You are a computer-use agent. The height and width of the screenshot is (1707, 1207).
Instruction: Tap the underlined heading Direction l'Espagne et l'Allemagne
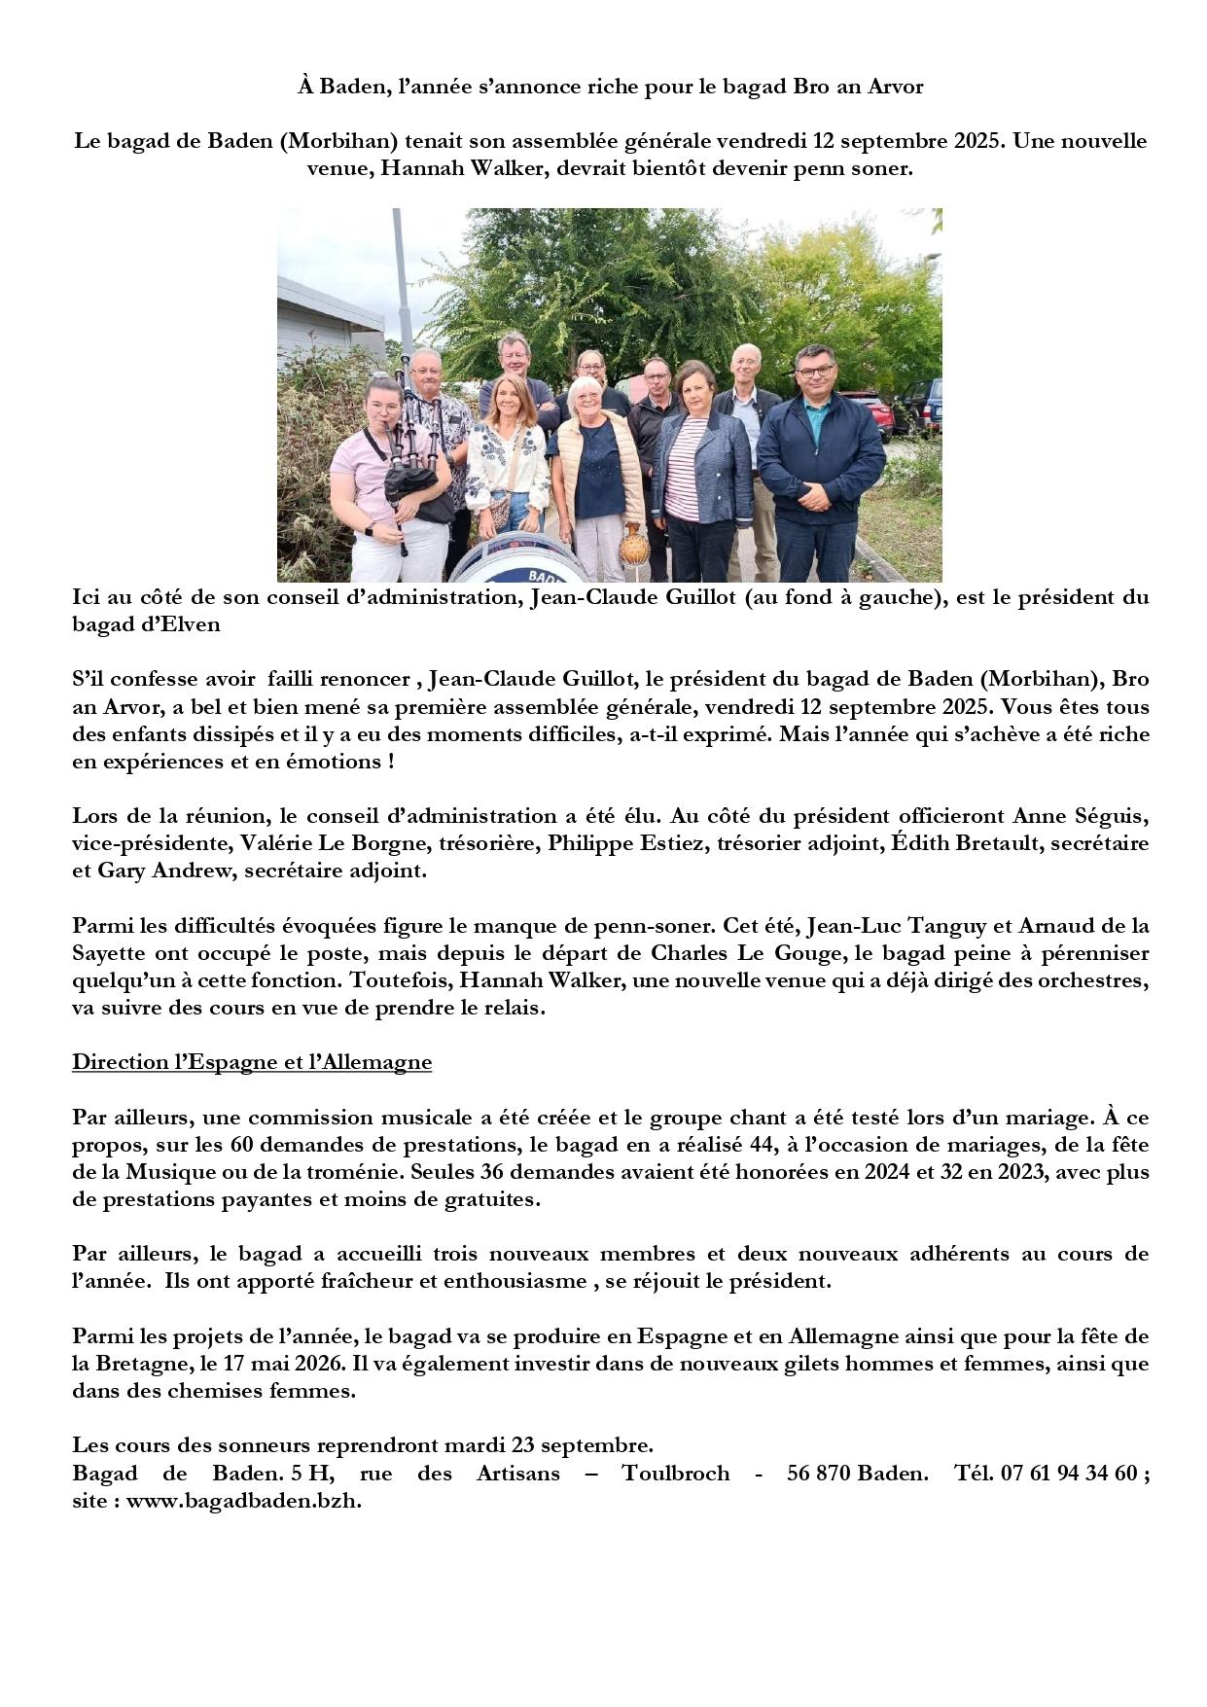251,1062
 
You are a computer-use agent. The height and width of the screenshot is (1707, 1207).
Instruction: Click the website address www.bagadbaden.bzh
243,1501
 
